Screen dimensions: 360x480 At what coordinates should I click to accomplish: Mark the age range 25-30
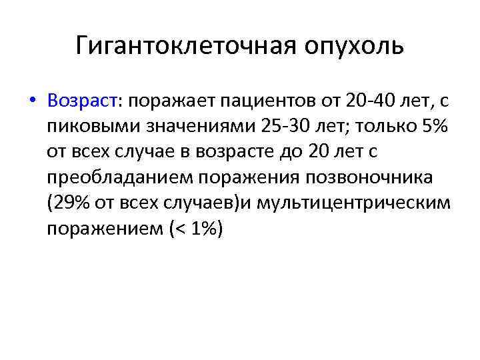(268, 127)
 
